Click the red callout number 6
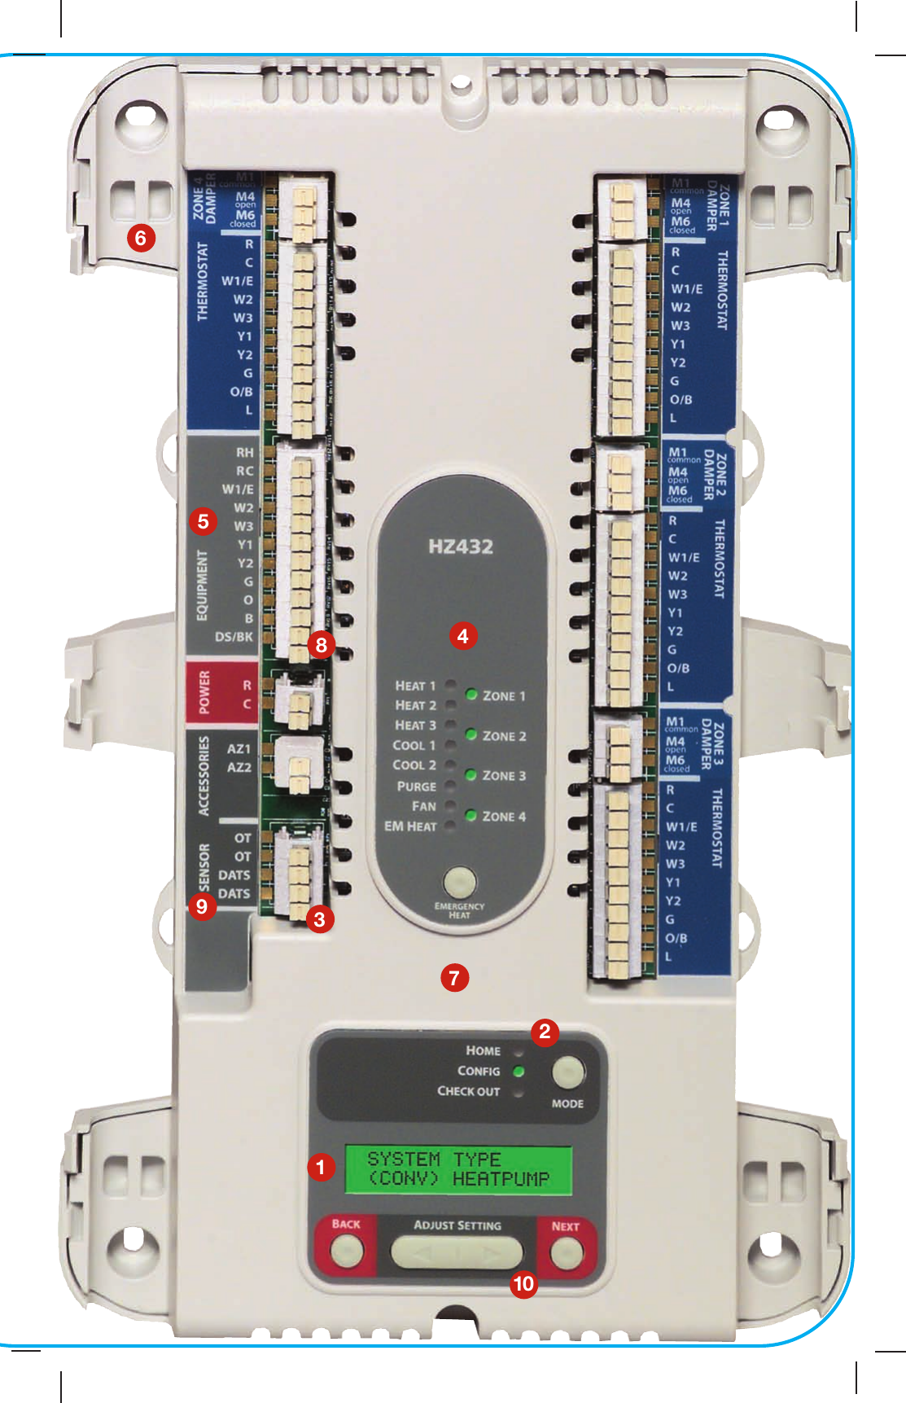[141, 238]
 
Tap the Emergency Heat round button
[460, 882]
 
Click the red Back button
[347, 1250]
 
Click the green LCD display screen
[458, 1169]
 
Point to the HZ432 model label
[461, 546]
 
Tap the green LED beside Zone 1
[471, 695]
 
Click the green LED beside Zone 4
[471, 815]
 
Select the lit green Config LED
[519, 1072]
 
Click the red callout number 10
[523, 1284]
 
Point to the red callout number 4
[462, 636]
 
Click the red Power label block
[204, 693]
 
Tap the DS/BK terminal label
[234, 637]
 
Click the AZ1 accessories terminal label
[239, 748]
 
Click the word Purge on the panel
[416, 787]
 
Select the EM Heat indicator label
[410, 826]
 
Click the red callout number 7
[454, 977]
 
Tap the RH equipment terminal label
[245, 453]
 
